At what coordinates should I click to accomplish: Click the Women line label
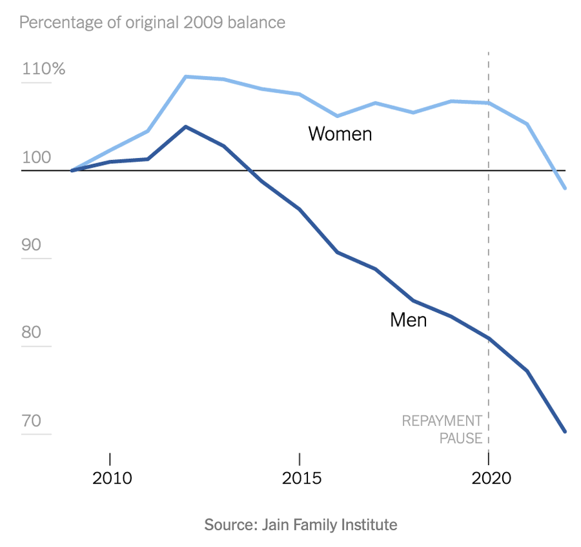click(340, 134)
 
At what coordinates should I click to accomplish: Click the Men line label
click(408, 319)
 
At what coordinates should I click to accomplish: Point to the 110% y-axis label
click(44, 69)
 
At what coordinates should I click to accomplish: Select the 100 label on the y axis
click(36, 158)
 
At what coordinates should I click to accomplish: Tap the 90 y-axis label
click(32, 246)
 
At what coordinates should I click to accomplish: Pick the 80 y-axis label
click(32, 333)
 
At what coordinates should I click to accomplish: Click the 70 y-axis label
click(32, 421)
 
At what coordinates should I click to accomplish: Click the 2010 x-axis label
click(110, 479)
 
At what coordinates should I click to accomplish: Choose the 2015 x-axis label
click(300, 479)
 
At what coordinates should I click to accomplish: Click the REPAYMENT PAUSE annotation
click(442, 430)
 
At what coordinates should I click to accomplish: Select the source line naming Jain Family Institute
click(301, 524)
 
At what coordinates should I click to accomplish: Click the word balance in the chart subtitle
click(256, 23)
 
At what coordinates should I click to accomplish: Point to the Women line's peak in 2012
click(186, 77)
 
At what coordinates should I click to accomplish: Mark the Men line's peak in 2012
click(186, 126)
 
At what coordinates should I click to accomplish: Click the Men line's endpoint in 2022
click(565, 432)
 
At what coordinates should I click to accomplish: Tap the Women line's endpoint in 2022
click(565, 188)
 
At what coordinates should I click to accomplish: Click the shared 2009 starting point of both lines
click(72, 170)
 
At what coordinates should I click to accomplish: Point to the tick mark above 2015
click(300, 459)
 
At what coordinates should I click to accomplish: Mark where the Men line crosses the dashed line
click(489, 338)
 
